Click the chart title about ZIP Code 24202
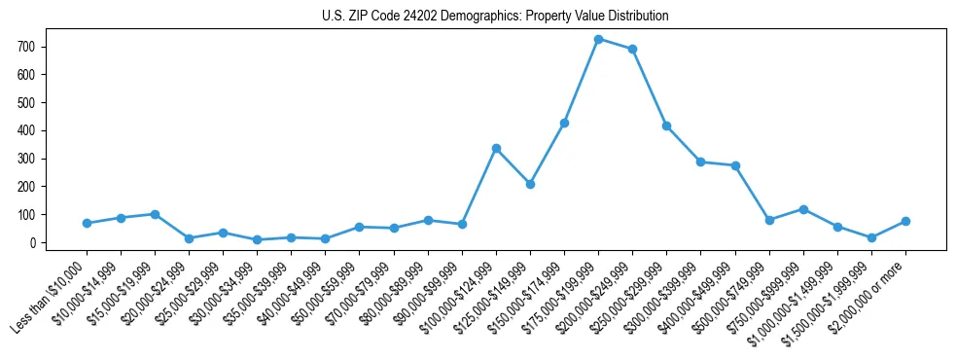pyautogui.click(x=495, y=17)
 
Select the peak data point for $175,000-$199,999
pyautogui.click(x=598, y=39)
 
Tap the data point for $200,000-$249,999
pyautogui.click(x=632, y=49)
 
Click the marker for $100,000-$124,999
pyautogui.click(x=496, y=148)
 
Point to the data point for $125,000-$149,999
pyautogui.click(x=530, y=184)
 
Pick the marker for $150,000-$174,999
pyautogui.click(x=564, y=123)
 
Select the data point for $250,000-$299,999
pyautogui.click(x=666, y=126)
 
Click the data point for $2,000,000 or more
pyautogui.click(x=905, y=221)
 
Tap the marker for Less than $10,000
pyautogui.click(x=87, y=223)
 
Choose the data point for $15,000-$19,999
pyautogui.click(x=155, y=214)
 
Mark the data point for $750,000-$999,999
pyautogui.click(x=803, y=209)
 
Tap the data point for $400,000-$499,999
pyautogui.click(x=735, y=165)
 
